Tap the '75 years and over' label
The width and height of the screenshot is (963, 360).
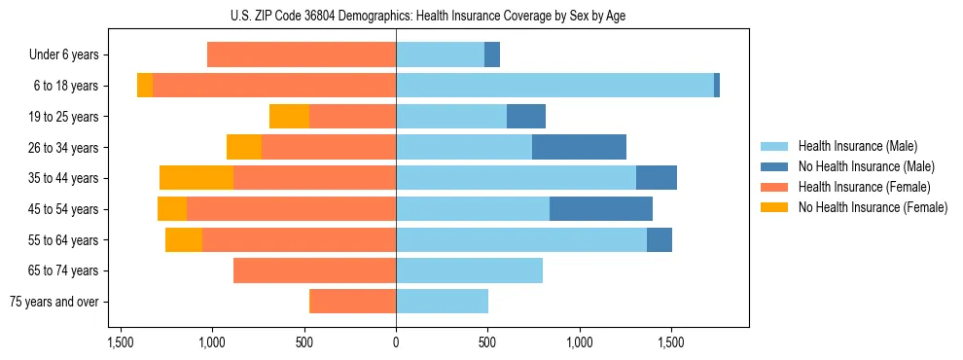pos(53,302)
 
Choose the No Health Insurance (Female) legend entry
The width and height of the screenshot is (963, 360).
pos(872,207)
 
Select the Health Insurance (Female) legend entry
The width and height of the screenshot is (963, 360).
pos(864,187)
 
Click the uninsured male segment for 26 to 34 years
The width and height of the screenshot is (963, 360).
pos(579,147)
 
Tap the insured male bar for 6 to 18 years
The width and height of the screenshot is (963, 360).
pos(554,86)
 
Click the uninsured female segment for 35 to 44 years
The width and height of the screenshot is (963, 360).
pos(196,178)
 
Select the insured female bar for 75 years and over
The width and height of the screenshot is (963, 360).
pos(352,302)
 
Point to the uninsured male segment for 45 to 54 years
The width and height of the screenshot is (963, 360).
pos(601,209)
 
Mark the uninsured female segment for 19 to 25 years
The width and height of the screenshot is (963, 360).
pos(289,117)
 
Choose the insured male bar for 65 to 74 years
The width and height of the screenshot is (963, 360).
pos(469,270)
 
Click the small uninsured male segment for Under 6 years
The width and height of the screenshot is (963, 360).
pos(492,55)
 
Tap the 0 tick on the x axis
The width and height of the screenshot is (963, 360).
pos(396,342)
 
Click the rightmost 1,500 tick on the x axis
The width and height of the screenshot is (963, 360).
pos(671,342)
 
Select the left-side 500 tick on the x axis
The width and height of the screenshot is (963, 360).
pos(304,342)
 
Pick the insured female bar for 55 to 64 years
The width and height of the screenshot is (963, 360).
pos(299,239)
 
